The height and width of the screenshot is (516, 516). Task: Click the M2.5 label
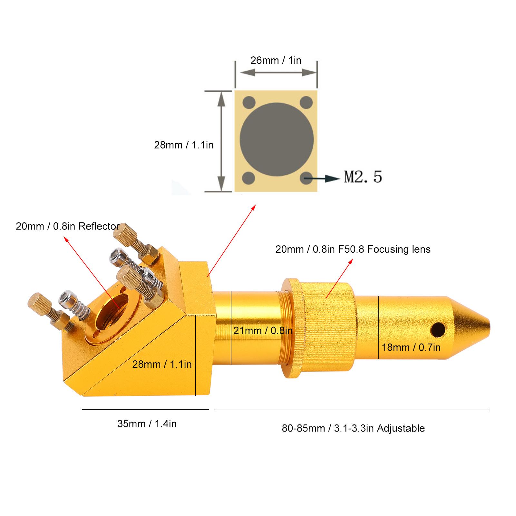pyautogui.click(x=363, y=177)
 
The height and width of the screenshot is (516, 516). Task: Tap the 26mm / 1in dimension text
pyautogui.click(x=276, y=60)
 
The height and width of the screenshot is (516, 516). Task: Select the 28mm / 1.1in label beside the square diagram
pyautogui.click(x=184, y=145)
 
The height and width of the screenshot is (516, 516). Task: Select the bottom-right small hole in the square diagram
pyautogui.click(x=306, y=178)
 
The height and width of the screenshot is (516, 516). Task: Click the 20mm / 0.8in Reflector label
pyautogui.click(x=68, y=226)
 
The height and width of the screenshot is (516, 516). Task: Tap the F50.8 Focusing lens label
pyautogui.click(x=353, y=249)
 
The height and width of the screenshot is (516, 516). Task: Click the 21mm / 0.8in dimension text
pyautogui.click(x=263, y=330)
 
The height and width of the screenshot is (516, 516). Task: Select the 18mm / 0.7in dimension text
pyautogui.click(x=411, y=347)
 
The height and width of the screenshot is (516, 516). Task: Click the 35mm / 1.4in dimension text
pyautogui.click(x=147, y=424)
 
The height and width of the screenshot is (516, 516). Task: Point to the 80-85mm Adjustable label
pyautogui.click(x=353, y=428)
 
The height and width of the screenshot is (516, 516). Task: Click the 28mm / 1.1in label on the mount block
pyautogui.click(x=162, y=365)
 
